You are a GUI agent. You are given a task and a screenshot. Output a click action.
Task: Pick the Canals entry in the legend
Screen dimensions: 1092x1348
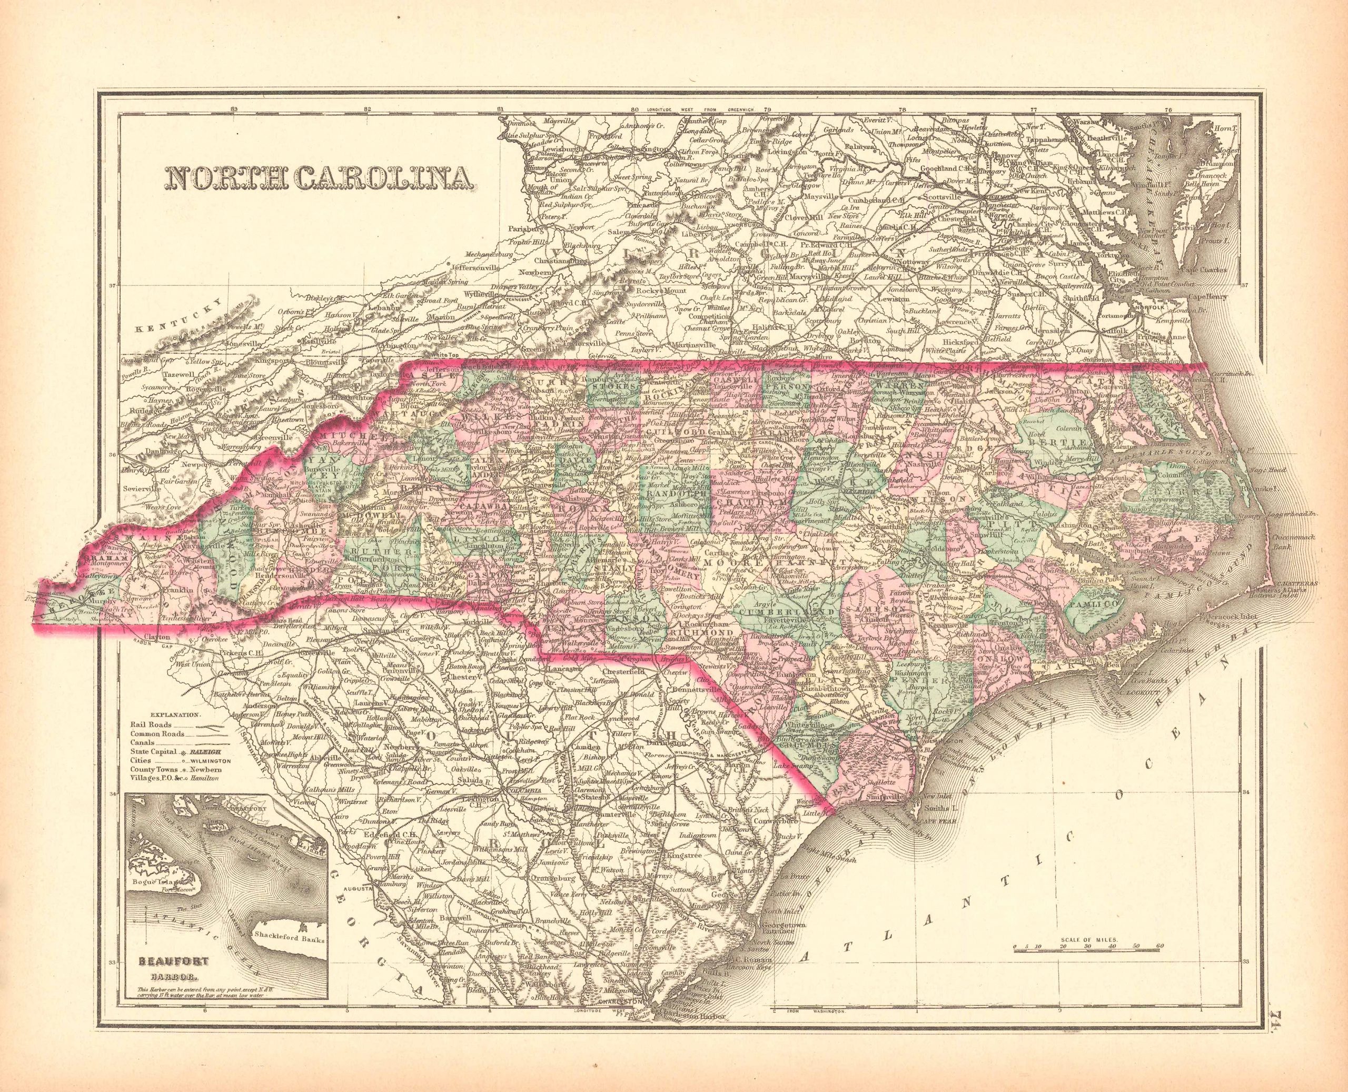click(142, 742)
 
